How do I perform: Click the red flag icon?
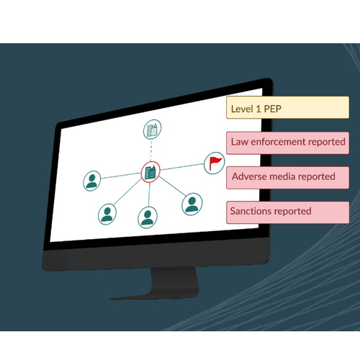click(214, 163)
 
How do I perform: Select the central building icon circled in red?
click(150, 172)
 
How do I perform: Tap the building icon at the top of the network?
click(152, 130)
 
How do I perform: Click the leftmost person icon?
click(92, 181)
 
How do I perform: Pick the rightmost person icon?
click(192, 204)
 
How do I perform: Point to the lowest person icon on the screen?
click(148, 217)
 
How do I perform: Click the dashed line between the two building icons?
click(151, 150)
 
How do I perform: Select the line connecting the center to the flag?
click(182, 167)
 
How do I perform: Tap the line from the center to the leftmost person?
click(121, 176)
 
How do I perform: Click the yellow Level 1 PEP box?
click(287, 107)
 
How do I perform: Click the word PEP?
click(273, 109)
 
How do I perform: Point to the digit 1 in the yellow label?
click(258, 109)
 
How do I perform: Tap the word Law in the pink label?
click(240, 142)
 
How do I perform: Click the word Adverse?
click(249, 176)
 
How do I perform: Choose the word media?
click(282, 176)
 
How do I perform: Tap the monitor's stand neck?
click(175, 280)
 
